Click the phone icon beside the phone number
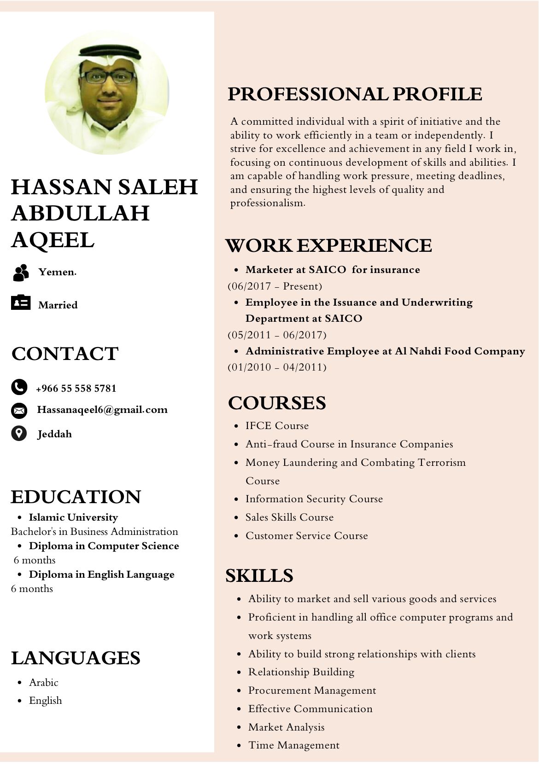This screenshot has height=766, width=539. click(19, 387)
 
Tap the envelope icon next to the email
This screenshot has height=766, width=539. click(19, 410)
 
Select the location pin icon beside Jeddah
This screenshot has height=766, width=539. click(19, 433)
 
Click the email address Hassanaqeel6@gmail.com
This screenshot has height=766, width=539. click(102, 410)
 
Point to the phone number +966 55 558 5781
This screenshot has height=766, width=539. click(76, 388)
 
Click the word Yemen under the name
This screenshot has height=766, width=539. click(57, 272)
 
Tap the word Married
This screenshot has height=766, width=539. click(58, 305)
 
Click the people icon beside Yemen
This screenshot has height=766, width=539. click(21, 273)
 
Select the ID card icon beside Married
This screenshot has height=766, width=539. click(21, 302)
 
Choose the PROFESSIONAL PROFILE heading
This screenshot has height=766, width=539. click(355, 94)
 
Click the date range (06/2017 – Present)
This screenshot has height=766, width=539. click(275, 286)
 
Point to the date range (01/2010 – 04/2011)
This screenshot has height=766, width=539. click(277, 367)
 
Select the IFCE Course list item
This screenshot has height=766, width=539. click(277, 425)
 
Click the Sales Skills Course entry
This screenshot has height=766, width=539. click(289, 517)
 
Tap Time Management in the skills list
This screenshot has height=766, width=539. click(293, 745)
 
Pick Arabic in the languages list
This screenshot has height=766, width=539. click(43, 682)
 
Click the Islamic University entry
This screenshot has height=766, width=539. click(73, 517)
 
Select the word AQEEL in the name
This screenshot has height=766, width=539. click(53, 240)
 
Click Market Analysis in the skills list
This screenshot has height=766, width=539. click(286, 727)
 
